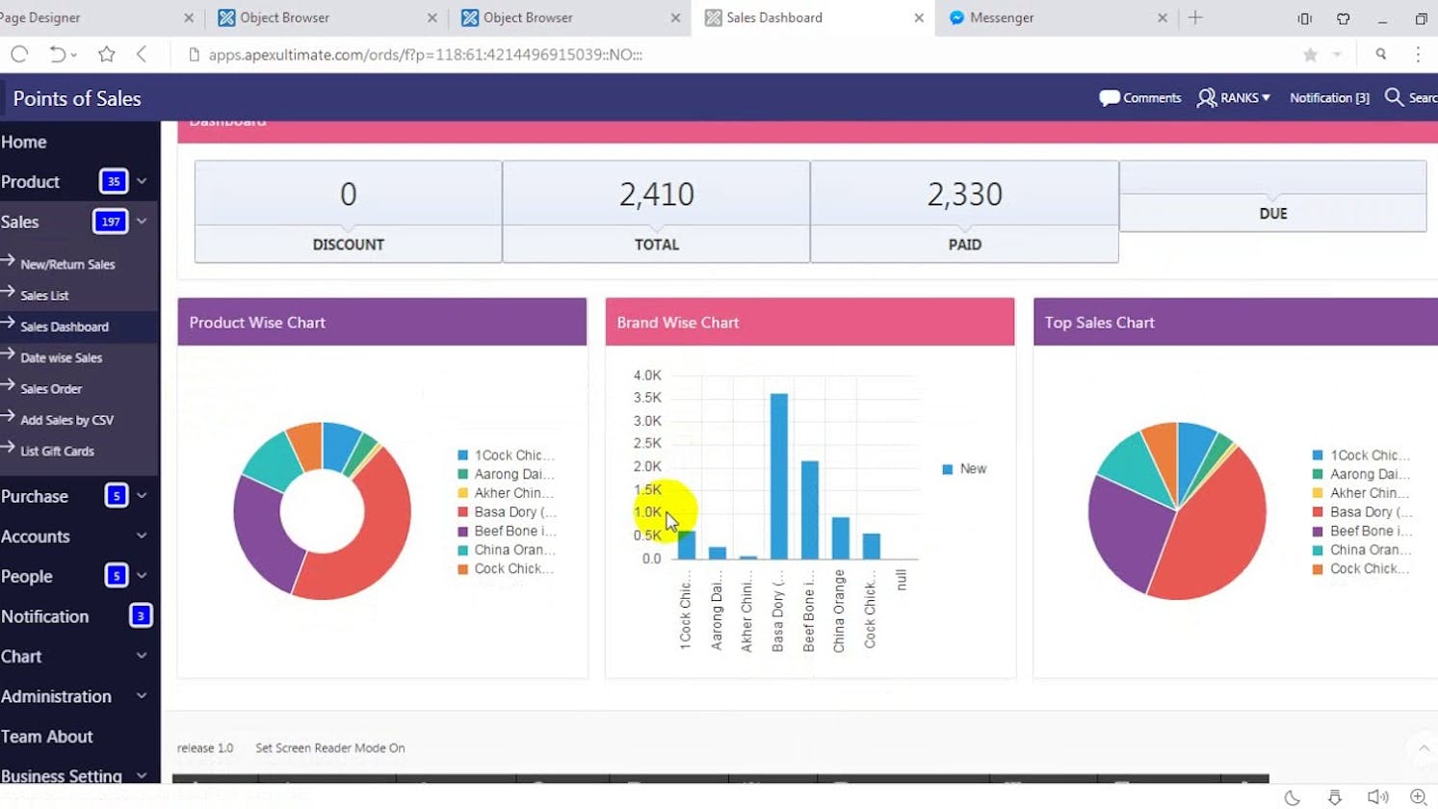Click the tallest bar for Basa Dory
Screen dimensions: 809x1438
pyautogui.click(x=778, y=476)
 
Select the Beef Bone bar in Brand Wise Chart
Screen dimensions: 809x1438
pyautogui.click(x=809, y=510)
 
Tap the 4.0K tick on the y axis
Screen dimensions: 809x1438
pyautogui.click(x=647, y=376)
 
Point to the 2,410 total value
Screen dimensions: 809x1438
pyautogui.click(x=656, y=195)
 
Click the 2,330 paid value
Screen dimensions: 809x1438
pyautogui.click(x=964, y=195)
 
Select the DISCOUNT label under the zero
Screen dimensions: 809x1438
pyautogui.click(x=348, y=245)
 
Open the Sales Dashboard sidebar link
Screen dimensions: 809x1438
pyautogui.click(x=65, y=326)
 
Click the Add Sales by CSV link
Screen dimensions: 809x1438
pyautogui.click(x=66, y=420)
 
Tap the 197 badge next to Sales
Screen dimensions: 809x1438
pyautogui.click(x=110, y=222)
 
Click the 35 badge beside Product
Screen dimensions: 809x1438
pyautogui.click(x=114, y=181)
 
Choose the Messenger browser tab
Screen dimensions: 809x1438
pyautogui.click(x=1002, y=17)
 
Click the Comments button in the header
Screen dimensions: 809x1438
pyautogui.click(x=1140, y=97)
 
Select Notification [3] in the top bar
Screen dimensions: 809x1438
pyautogui.click(x=1329, y=97)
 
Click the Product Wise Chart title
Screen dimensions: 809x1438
pyautogui.click(x=257, y=323)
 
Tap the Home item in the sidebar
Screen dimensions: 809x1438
pyautogui.click(x=24, y=142)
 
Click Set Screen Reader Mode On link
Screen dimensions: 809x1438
pyautogui.click(x=329, y=747)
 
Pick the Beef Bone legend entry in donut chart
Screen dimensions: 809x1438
pyautogui.click(x=513, y=531)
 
